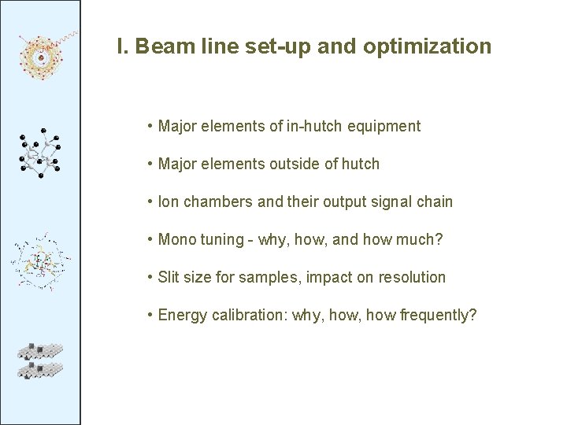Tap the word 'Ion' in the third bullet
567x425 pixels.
point(169,201)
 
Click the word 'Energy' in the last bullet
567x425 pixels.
point(181,316)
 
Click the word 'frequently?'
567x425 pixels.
point(438,316)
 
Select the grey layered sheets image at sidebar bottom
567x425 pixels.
point(40,360)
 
